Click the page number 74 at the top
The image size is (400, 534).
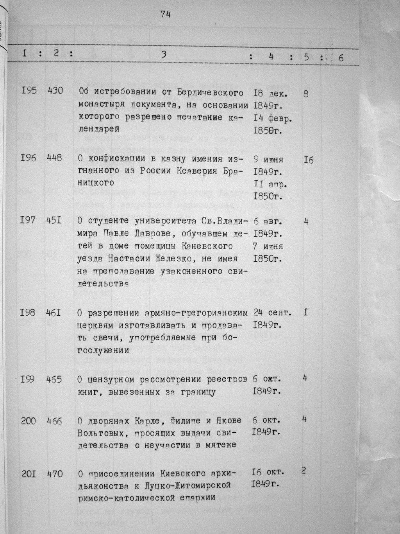tap(165, 14)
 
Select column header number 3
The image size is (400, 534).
tap(164, 55)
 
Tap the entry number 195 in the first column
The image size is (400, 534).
tap(29, 92)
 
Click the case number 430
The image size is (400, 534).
tap(55, 92)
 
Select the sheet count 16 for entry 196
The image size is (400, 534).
tap(308, 160)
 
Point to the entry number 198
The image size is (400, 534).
tap(28, 313)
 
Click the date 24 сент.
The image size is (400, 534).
tap(272, 313)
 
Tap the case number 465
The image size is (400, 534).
tap(54, 379)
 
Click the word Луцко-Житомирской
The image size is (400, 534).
tap(189, 486)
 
